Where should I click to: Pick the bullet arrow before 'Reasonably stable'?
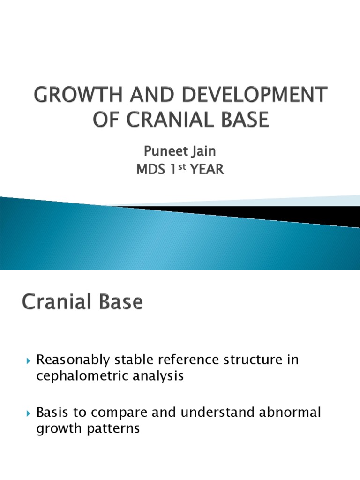click(x=29, y=361)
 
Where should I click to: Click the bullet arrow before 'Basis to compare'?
click(x=29, y=413)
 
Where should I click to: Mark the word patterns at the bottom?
click(x=117, y=429)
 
